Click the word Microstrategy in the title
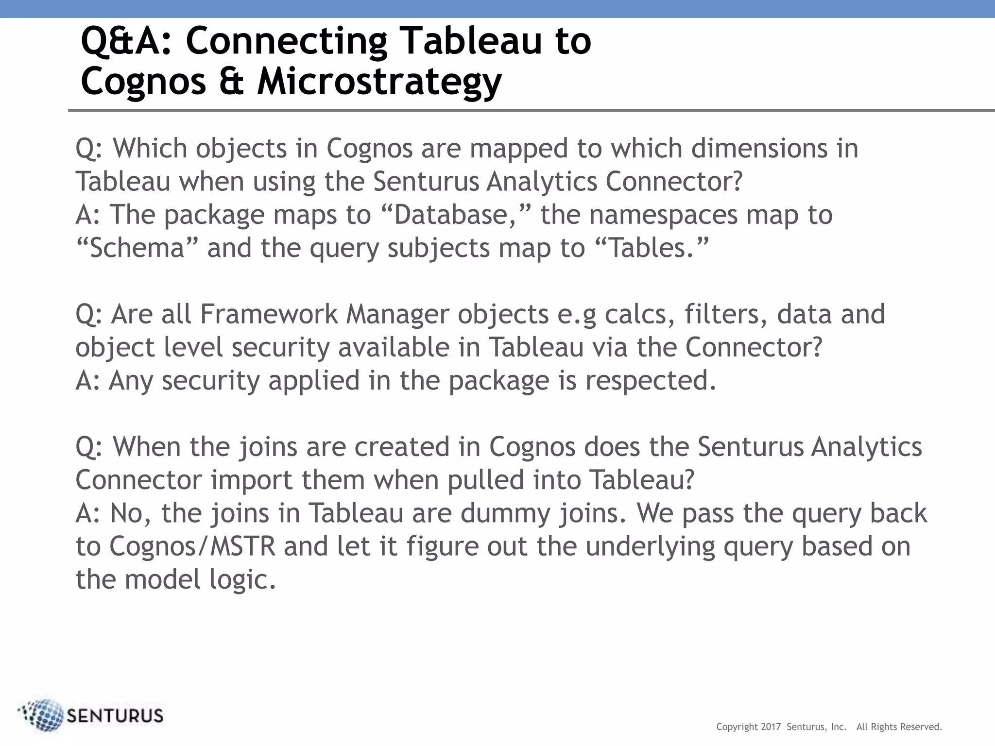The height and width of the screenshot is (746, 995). pos(379,82)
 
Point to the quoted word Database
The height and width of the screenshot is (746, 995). pos(451,215)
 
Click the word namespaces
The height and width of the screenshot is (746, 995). pos(664,215)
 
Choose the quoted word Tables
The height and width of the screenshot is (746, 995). pos(652,248)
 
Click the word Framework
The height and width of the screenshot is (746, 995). pos(269,314)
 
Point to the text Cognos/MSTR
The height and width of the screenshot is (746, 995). pos(192,546)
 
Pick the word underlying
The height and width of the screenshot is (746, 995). pos(650,546)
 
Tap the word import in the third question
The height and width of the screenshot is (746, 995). pos(251,480)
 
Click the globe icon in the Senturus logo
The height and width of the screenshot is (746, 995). pos(43,715)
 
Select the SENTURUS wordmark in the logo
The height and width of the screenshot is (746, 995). pos(115,716)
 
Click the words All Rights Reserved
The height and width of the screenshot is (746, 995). pos(899,727)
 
